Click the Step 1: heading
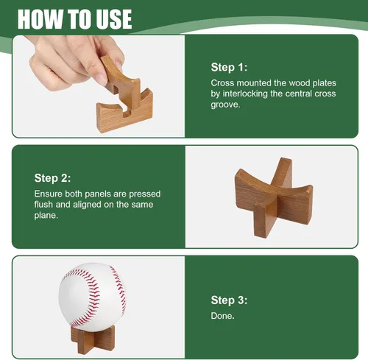coord(229,67)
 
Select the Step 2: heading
coord(52,178)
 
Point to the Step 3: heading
coord(229,300)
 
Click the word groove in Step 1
coord(224,105)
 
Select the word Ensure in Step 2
coord(49,194)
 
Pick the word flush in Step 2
coord(43,205)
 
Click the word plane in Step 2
coord(46,216)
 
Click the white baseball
coord(92,297)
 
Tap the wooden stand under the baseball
coord(93,339)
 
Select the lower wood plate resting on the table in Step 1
coord(124,112)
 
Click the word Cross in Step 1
coord(222,83)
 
